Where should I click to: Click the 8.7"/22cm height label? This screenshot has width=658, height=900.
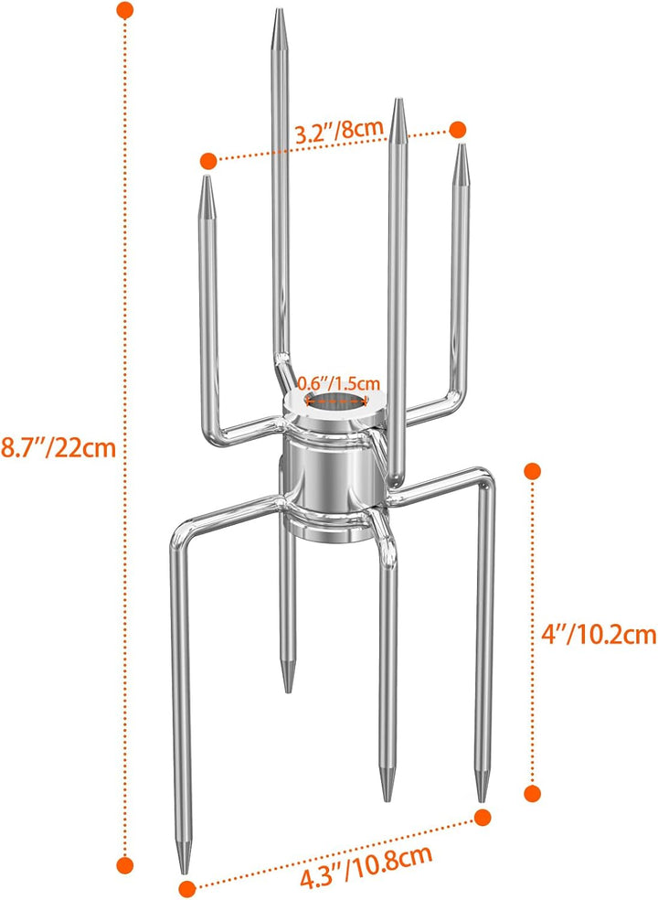[x=58, y=447]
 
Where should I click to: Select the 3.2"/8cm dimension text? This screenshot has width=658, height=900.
[x=338, y=131]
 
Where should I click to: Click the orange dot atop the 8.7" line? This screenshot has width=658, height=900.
[x=126, y=10]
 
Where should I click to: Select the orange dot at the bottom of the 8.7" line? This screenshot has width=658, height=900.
[x=126, y=862]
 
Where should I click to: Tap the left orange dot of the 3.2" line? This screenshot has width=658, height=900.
[x=208, y=160]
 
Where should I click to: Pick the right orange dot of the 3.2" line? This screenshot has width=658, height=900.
[x=458, y=129]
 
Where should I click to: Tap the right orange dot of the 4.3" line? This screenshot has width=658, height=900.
[x=483, y=816]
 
